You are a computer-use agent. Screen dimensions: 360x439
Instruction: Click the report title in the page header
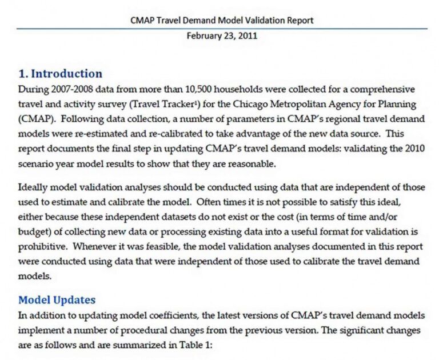coord(222,21)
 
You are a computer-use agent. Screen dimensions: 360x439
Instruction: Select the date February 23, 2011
coord(222,35)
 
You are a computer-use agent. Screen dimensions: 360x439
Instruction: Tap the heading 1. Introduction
coord(60,74)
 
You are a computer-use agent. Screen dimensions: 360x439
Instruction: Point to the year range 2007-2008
coord(68,90)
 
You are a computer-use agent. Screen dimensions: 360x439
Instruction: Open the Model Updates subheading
coord(57,300)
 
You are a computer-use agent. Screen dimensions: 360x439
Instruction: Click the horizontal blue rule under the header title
coord(222,28)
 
